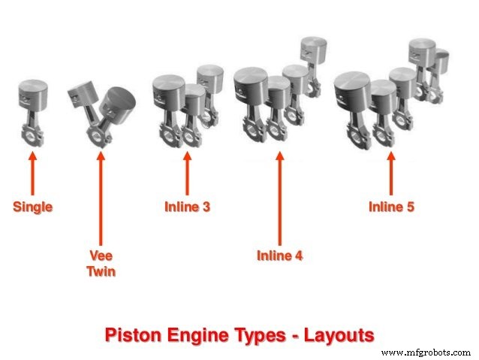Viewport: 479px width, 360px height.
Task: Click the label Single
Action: (x=32, y=207)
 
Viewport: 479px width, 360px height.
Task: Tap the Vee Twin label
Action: (x=101, y=264)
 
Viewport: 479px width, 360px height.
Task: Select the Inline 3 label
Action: (x=187, y=207)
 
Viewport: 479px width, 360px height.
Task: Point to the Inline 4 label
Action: (x=279, y=256)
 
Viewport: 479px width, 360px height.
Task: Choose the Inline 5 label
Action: (x=390, y=207)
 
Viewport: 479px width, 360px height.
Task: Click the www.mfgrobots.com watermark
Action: (x=425, y=352)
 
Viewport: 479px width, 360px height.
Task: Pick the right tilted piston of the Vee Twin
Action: (x=120, y=101)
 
